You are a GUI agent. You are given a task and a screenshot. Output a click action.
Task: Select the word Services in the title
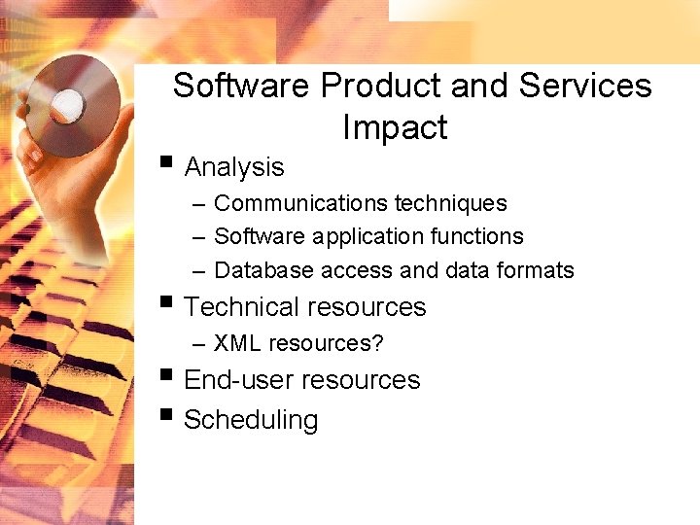tap(584, 86)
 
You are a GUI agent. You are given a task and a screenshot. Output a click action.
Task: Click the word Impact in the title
tap(395, 127)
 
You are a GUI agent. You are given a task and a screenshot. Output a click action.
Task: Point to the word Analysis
tap(233, 167)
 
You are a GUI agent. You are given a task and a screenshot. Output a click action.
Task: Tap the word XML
tap(237, 343)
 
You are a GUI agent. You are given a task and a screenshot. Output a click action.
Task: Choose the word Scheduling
tap(250, 420)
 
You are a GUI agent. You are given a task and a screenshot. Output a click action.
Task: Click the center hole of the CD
tap(68, 103)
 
